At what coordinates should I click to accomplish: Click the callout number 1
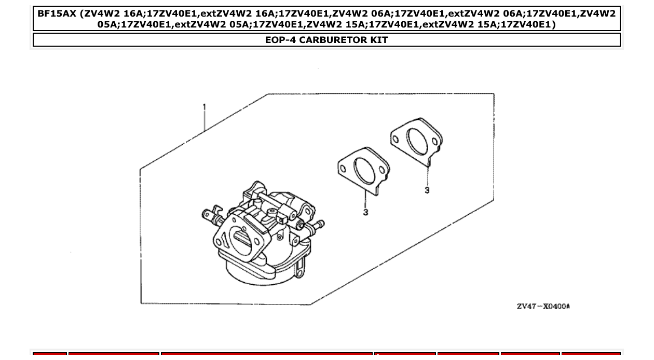click(205, 107)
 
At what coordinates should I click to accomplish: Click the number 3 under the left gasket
click(365, 212)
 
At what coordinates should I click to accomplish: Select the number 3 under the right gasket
click(427, 190)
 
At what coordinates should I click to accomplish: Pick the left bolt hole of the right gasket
click(396, 139)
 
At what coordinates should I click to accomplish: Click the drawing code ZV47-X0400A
click(543, 306)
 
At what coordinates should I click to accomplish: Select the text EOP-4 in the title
click(281, 40)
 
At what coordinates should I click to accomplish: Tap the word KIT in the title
click(378, 40)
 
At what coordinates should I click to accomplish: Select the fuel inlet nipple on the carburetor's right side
click(317, 225)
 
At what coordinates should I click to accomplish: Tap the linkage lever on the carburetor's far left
click(209, 214)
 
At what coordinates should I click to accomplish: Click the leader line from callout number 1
click(205, 122)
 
